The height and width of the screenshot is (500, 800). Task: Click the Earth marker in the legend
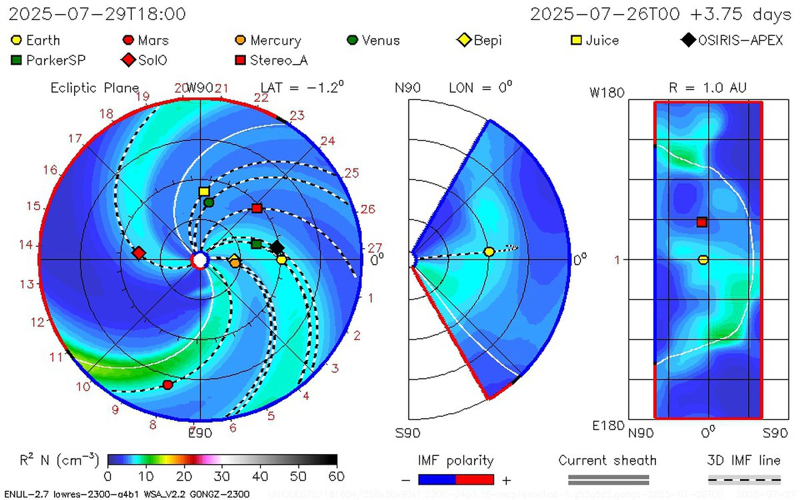[17, 41]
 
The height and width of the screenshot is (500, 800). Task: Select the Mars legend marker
[129, 41]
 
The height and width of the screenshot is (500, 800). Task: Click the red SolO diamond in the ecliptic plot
[139, 253]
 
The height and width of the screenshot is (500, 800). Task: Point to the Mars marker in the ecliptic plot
[168, 385]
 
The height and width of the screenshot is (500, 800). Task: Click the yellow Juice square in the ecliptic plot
[204, 191]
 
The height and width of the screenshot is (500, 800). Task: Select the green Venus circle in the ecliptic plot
[209, 202]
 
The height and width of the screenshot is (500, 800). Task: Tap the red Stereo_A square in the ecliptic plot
[257, 209]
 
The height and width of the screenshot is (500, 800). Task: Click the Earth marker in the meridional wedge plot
[489, 251]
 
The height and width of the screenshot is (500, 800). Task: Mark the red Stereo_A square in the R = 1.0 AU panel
[701, 222]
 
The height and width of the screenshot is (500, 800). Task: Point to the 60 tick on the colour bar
[337, 476]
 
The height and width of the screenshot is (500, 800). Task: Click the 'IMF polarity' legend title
[455, 461]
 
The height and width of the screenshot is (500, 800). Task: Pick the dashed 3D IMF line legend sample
[743, 478]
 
